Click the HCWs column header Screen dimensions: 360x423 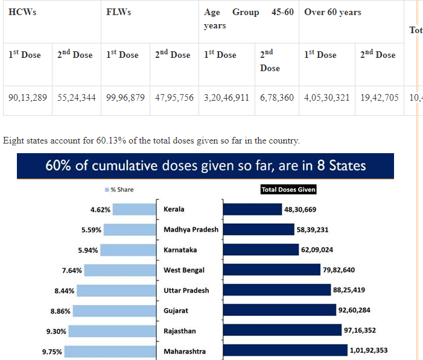click(22, 13)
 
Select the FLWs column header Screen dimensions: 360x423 click(119, 13)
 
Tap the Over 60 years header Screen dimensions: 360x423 click(332, 13)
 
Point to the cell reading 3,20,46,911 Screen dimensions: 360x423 click(226, 96)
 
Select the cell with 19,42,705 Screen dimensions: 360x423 click(380, 96)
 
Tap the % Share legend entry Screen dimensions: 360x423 click(119, 189)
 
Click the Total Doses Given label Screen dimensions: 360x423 click(288, 189)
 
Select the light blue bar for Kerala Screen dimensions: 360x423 click(134, 209)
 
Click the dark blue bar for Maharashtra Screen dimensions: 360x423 click(285, 351)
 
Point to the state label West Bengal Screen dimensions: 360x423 click(184, 270)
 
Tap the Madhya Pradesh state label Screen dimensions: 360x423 click(191, 230)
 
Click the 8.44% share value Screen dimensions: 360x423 click(64, 291)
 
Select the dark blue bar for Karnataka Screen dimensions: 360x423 click(261, 250)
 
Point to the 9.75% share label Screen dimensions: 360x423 click(52, 352)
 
